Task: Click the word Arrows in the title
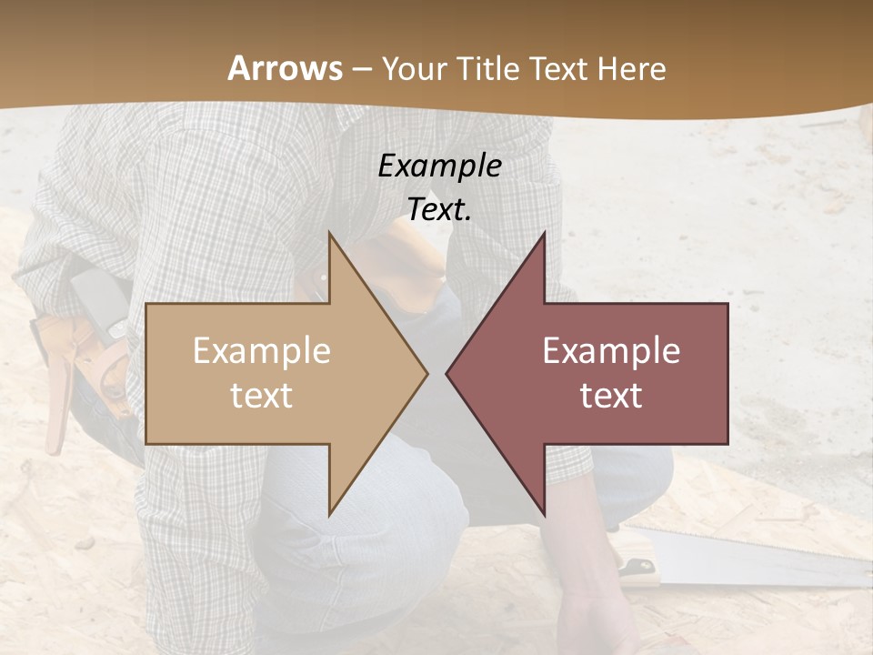point(286,68)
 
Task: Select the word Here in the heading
point(631,68)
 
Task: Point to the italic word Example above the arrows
point(439,166)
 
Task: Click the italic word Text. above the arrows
point(439,210)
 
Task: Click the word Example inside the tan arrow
point(261,351)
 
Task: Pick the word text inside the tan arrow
point(261,396)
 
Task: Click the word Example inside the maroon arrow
point(611,351)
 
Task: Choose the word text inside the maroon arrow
point(611,396)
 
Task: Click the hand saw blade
point(764,556)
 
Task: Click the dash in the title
point(361,69)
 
